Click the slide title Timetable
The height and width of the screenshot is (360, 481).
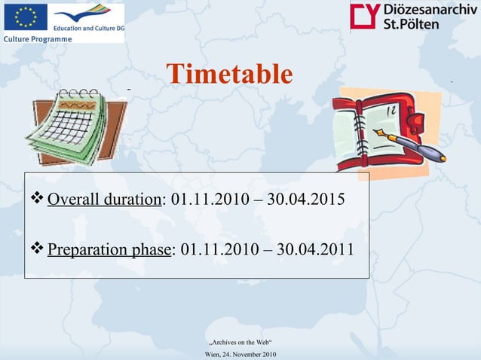pos(228,75)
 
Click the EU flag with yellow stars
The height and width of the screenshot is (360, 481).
pos(25,17)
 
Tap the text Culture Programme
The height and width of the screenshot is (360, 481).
pos(38,38)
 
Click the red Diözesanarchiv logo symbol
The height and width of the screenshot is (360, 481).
pos(366,16)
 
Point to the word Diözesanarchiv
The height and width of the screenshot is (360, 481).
pos(430,9)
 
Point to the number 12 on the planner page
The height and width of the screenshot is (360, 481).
pos(392,110)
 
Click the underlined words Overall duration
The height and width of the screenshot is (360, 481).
pos(104,200)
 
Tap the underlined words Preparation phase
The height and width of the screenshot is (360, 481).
pos(109,249)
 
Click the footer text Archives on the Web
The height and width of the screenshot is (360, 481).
pos(240,343)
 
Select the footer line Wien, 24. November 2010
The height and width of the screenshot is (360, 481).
pos(240,354)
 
